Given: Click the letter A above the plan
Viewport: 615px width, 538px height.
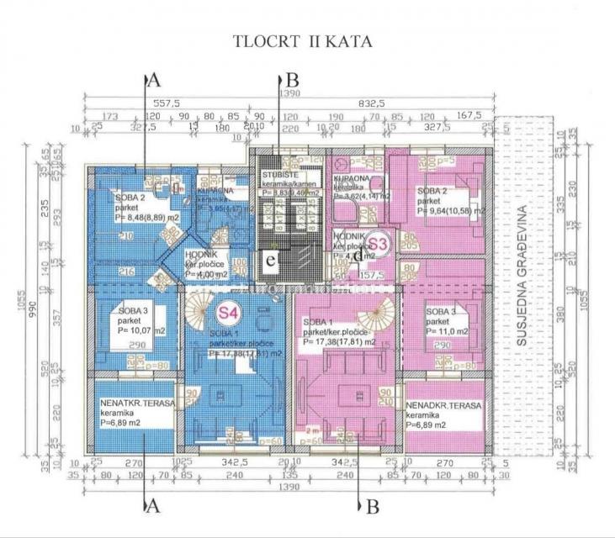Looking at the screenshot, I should click(153, 81).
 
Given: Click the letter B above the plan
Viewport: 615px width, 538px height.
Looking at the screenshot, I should click(292, 81).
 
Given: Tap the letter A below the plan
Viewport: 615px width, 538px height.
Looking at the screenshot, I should click(153, 505).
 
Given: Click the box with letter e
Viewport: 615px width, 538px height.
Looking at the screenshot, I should click(271, 261).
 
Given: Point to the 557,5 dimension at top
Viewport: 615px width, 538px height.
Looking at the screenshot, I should click(181, 102).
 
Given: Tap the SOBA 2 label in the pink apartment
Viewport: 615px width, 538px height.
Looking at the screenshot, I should click(431, 191).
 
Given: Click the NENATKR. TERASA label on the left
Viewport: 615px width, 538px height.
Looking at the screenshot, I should click(136, 404).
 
